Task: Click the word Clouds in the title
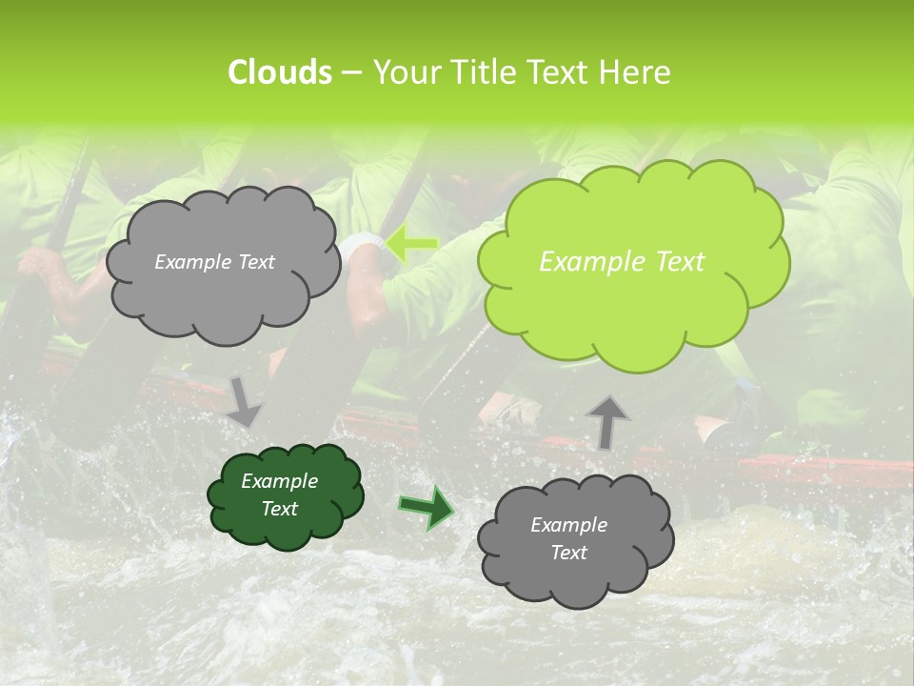[279, 72]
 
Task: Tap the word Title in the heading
[481, 72]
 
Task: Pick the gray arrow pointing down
[245, 400]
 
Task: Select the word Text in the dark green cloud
[279, 509]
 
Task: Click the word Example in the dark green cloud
[279, 481]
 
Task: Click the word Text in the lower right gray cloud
[568, 553]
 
